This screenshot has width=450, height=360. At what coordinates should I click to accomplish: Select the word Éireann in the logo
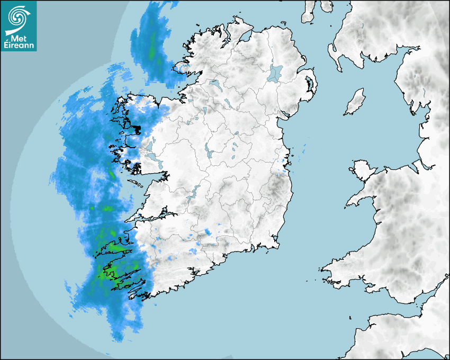click(19, 46)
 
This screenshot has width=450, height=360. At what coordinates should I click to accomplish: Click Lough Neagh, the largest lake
click(276, 73)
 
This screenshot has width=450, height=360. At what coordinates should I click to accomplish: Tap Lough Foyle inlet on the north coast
click(245, 37)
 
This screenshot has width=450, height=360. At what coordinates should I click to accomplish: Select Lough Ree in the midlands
click(210, 152)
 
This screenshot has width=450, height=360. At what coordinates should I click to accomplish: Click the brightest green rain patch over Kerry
click(103, 274)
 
